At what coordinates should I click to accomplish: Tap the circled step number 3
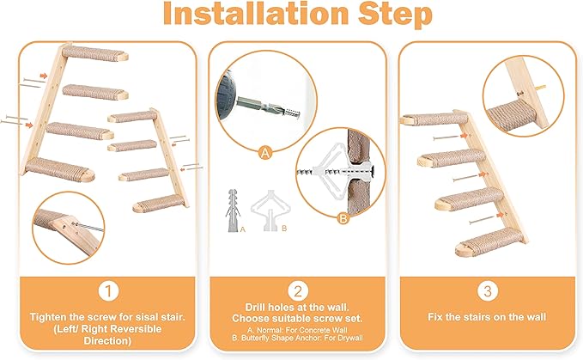[x=488, y=291]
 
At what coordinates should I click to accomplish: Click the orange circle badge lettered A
[x=265, y=153]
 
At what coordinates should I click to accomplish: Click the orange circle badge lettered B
[x=343, y=218]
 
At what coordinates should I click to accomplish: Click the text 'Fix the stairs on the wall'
[x=488, y=317]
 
